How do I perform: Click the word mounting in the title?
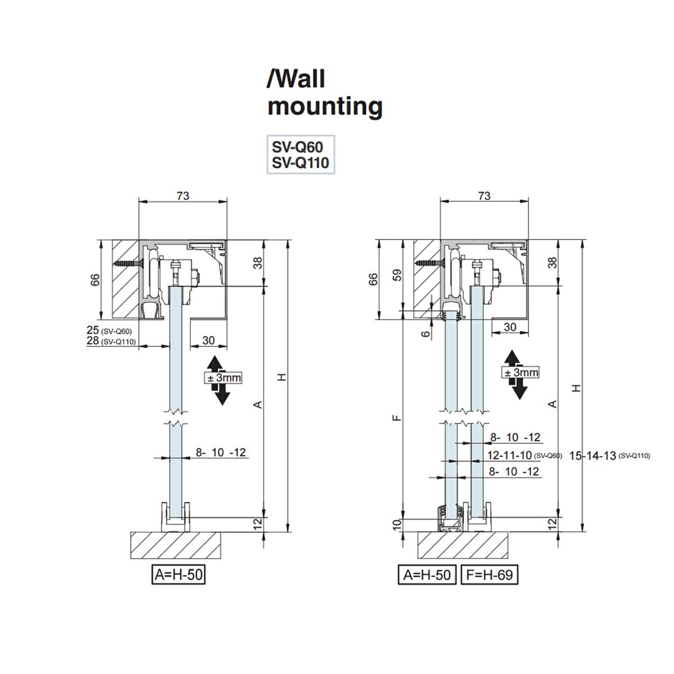tap(325, 106)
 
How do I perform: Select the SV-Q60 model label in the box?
tap(297, 147)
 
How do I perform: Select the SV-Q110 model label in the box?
tap(300, 163)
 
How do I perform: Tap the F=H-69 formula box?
tap(489, 575)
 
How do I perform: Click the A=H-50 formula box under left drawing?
tap(178, 575)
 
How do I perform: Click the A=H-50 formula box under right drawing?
tap(427, 575)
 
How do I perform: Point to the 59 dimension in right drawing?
tap(398, 276)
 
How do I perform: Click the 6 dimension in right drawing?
tap(426, 333)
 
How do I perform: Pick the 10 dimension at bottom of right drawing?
tap(397, 525)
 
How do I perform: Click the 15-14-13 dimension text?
tap(593, 456)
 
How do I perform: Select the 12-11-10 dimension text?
tap(509, 455)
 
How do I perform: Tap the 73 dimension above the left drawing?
tap(183, 196)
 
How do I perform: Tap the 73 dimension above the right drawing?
tap(484, 196)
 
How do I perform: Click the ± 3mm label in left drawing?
tap(224, 378)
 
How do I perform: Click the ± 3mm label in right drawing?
tap(521, 372)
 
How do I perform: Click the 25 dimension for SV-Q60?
tap(93, 330)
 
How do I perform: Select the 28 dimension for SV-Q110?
tap(93, 340)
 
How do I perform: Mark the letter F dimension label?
tap(397, 417)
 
